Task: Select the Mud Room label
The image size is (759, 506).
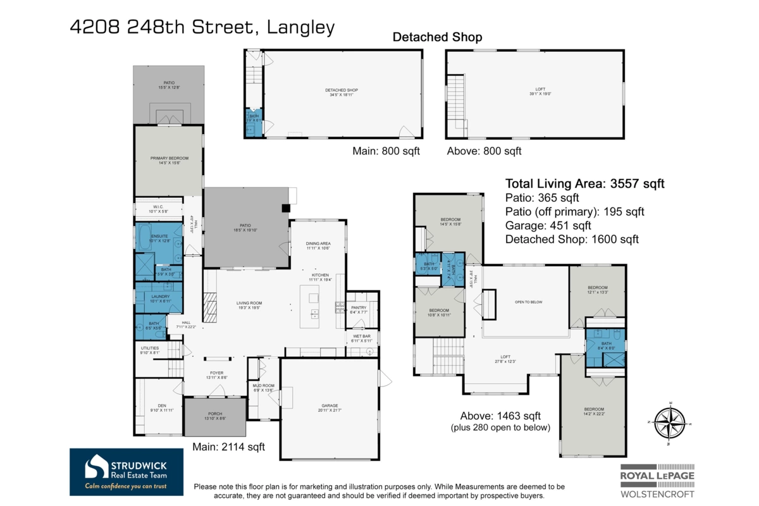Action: pyautogui.click(x=262, y=388)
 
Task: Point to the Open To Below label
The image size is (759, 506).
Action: pyautogui.click(x=529, y=302)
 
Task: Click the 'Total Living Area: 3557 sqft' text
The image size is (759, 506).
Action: pyautogui.click(x=584, y=184)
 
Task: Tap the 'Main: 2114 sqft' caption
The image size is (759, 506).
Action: pyautogui.click(x=228, y=447)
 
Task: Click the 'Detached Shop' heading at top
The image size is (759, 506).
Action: pyautogui.click(x=437, y=37)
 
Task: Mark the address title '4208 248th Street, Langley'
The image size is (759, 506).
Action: pyautogui.click(x=202, y=27)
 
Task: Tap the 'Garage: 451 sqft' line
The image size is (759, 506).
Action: pyautogui.click(x=548, y=225)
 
